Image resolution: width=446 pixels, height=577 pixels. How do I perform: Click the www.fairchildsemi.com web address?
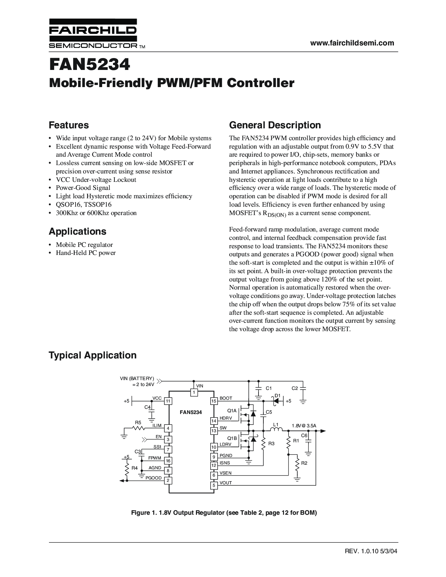[x=352, y=43]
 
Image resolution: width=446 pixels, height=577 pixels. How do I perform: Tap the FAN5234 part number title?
[x=90, y=65]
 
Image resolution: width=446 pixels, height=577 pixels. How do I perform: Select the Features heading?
[x=69, y=125]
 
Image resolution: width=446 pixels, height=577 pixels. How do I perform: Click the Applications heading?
[x=77, y=231]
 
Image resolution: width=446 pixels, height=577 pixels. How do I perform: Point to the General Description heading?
[x=275, y=125]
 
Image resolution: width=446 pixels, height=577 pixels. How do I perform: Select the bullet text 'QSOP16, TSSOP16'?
[x=84, y=205]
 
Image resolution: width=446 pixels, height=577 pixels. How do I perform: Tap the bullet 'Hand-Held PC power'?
[x=86, y=253]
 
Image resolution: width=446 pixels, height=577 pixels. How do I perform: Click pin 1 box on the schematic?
[x=193, y=392]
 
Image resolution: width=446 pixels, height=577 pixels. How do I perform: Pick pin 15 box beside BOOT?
[x=214, y=401]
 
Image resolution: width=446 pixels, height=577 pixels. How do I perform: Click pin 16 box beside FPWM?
[x=168, y=461]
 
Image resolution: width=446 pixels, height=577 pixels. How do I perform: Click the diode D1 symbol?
[x=277, y=401]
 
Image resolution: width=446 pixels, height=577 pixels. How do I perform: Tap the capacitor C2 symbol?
[x=303, y=389]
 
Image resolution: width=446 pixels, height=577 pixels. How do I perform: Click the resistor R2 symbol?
[x=297, y=465]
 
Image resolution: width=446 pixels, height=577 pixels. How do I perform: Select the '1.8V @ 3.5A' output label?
[x=304, y=426]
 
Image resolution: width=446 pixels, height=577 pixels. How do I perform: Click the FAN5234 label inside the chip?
[x=191, y=412]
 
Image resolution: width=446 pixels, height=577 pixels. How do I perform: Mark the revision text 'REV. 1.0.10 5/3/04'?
[x=371, y=551]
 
